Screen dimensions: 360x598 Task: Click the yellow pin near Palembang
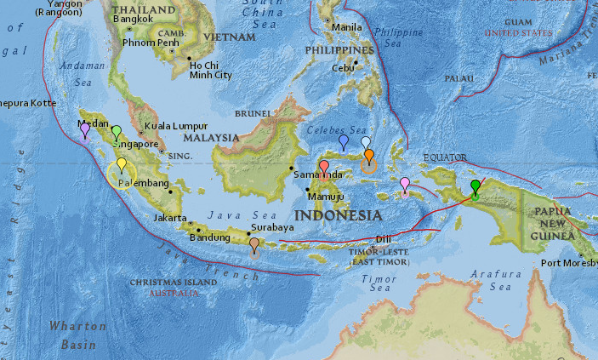(x=122, y=164)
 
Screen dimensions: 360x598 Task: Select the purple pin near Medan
(x=85, y=129)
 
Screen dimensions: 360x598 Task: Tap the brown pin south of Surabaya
(x=254, y=244)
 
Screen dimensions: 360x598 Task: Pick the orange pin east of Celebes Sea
(x=369, y=155)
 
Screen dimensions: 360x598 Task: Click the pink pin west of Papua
(x=405, y=183)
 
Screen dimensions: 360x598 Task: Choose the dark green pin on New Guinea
(x=476, y=186)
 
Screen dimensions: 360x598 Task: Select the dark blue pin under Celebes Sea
(x=344, y=140)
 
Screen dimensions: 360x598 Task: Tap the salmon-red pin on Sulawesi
(x=324, y=166)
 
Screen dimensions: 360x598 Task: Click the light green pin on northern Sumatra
(x=117, y=132)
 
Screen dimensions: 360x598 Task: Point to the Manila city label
(x=346, y=27)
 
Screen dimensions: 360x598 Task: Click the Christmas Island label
(x=174, y=282)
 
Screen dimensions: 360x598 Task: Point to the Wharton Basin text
(x=78, y=334)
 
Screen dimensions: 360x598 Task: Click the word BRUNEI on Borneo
(x=252, y=112)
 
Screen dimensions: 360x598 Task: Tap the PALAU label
(x=458, y=77)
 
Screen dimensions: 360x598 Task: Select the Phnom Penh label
(x=151, y=43)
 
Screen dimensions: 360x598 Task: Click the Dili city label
(x=384, y=238)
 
